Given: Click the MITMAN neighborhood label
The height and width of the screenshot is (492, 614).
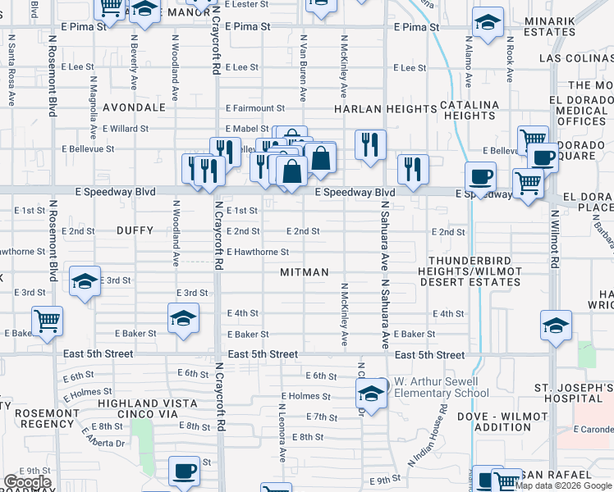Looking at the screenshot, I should point(304,272).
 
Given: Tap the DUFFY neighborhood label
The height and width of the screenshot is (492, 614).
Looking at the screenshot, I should point(135,231).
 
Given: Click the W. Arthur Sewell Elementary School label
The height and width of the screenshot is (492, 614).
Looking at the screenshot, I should point(442,387).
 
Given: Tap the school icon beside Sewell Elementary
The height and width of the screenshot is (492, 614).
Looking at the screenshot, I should point(371,394).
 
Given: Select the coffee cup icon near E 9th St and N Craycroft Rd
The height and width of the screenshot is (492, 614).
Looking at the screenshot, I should point(184,471).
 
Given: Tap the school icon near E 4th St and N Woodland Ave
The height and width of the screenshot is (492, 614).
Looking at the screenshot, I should point(183,317).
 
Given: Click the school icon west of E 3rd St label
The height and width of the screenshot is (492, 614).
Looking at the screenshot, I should point(85,280).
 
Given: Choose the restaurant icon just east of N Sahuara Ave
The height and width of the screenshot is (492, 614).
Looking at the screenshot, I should point(412,168).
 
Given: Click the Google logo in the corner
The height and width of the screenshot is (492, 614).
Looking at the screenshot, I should point(27,482).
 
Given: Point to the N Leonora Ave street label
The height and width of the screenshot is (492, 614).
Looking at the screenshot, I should point(283,426).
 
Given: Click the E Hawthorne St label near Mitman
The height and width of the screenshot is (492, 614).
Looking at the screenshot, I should point(258,253).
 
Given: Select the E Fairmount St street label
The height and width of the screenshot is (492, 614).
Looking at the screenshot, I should point(255,108).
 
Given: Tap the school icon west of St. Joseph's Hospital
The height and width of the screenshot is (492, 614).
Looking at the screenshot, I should point(556,325).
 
